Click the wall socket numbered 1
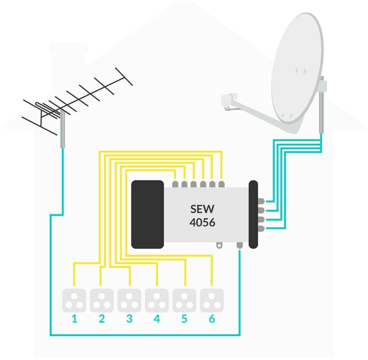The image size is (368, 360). click(74, 300)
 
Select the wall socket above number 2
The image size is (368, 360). click(102, 300)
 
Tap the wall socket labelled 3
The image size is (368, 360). click(129, 300)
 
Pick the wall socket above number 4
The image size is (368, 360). click(157, 300)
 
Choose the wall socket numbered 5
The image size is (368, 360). click(185, 300)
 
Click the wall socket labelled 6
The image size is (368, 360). click(212, 300)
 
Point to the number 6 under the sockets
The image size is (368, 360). click(212, 319)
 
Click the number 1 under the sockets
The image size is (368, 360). click(74, 319)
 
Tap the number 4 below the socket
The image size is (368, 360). click(157, 319)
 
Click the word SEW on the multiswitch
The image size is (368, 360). click(202, 209)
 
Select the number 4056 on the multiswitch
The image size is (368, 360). click(202, 222)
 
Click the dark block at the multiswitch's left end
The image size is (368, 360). click(147, 214)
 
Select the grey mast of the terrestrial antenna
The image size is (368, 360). click(62, 131)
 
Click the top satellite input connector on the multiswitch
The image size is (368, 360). click(261, 201)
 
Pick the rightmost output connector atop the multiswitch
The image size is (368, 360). click(221, 184)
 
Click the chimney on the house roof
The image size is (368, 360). click(69, 58)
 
